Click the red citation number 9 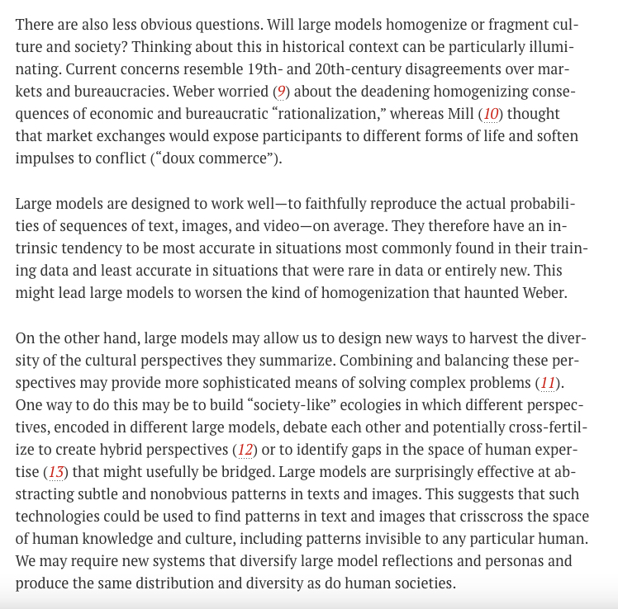click(x=282, y=91)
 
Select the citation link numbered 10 click(x=491, y=113)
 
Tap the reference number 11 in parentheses click(x=546, y=383)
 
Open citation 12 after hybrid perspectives click(x=245, y=450)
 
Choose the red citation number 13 click(x=55, y=472)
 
